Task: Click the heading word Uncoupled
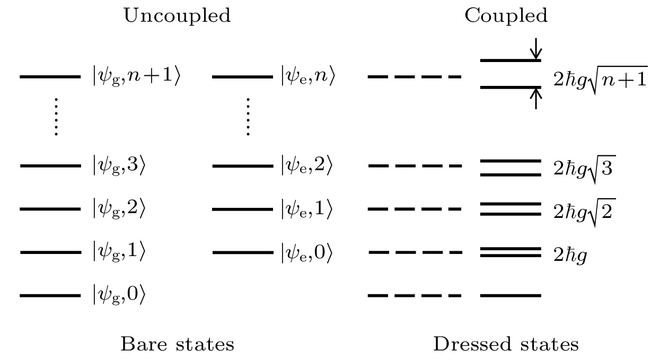click(x=177, y=16)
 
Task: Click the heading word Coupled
click(x=506, y=16)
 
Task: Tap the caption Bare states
click(x=177, y=345)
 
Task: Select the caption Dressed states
click(x=506, y=345)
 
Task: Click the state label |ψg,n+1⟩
click(x=136, y=77)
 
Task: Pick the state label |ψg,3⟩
click(x=118, y=166)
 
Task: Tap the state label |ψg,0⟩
click(x=118, y=295)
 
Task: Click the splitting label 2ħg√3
click(x=584, y=168)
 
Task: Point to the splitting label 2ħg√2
click(x=584, y=211)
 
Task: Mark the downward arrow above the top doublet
click(x=537, y=49)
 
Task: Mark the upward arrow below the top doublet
click(x=537, y=98)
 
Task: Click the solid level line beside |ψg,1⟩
click(x=50, y=252)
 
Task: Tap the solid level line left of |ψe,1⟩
click(x=242, y=209)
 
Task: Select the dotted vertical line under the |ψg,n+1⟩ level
click(x=56, y=117)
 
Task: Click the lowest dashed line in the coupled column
click(x=414, y=295)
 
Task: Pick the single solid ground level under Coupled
click(x=510, y=295)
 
